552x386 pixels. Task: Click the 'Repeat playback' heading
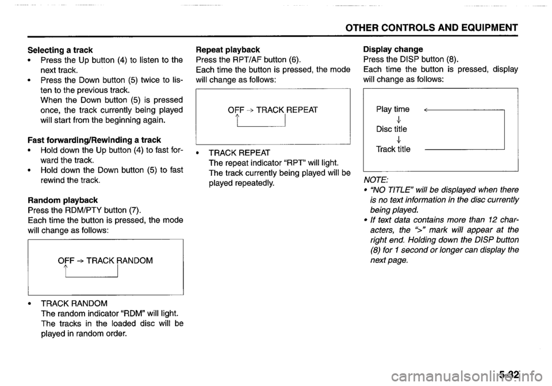tap(228, 50)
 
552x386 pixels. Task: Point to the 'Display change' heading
tap(393, 50)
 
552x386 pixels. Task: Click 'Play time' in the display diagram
tap(393, 109)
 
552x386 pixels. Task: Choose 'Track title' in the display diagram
tap(393, 149)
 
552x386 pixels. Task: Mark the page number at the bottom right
tap(509, 374)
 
